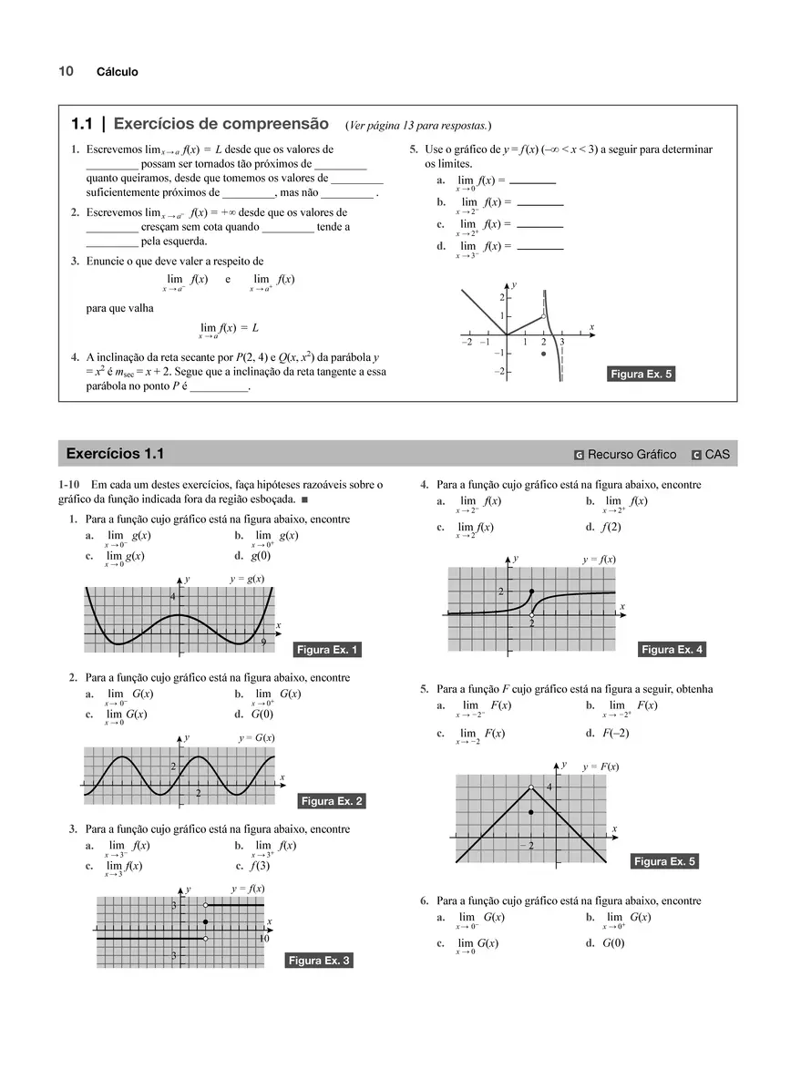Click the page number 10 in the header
pyautogui.click(x=66, y=71)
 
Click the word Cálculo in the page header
pyautogui.click(x=118, y=72)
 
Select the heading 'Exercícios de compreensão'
pyautogui.click(x=221, y=123)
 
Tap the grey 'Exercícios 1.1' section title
pyautogui.click(x=116, y=454)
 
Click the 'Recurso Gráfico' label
pyautogui.click(x=631, y=455)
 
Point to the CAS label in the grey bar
pyautogui.click(x=717, y=455)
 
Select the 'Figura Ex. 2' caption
pyautogui.click(x=333, y=801)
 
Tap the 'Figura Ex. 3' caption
pyautogui.click(x=319, y=960)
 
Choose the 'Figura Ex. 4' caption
pyautogui.click(x=672, y=650)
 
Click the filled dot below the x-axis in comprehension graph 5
pyautogui.click(x=543, y=353)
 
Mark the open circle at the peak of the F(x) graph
pyautogui.click(x=531, y=787)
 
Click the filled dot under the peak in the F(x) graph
pyautogui.click(x=531, y=809)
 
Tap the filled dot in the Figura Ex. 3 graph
pyautogui.click(x=206, y=921)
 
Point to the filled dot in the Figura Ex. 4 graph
pyautogui.click(x=532, y=592)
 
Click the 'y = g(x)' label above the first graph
pyautogui.click(x=247, y=579)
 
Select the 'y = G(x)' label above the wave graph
pyautogui.click(x=257, y=737)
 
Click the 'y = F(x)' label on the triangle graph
pyautogui.click(x=601, y=766)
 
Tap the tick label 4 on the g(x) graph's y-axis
pyautogui.click(x=172, y=596)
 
